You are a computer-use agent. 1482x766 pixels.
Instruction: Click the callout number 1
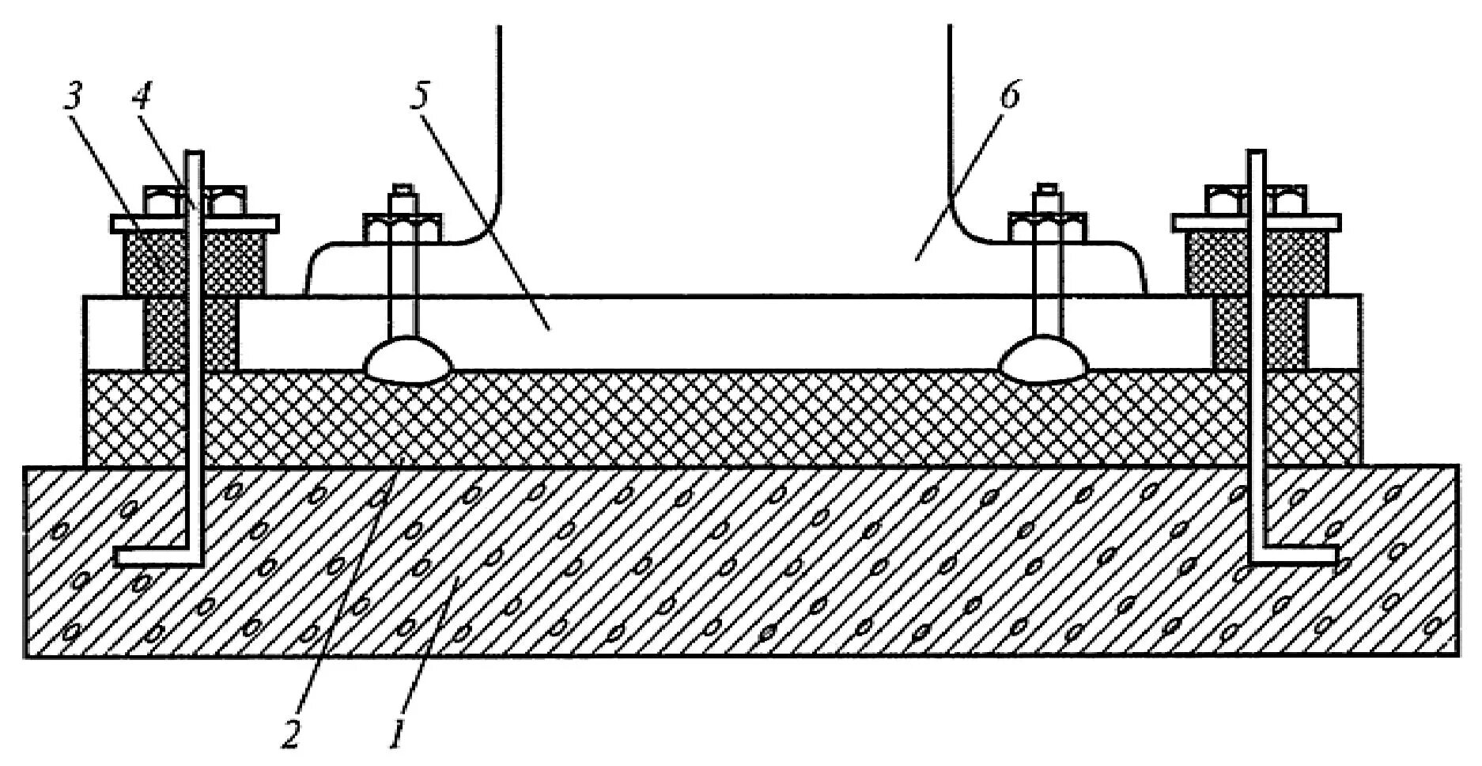[397, 734]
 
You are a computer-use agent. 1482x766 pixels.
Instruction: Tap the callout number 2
[290, 734]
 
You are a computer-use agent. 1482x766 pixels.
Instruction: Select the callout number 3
[73, 97]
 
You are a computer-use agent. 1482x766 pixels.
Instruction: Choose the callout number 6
[1009, 96]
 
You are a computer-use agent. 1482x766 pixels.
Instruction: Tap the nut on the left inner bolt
[402, 227]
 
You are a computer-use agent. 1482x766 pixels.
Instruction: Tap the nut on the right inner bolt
[1047, 227]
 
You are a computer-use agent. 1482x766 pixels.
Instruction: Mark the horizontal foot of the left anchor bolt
[154, 557]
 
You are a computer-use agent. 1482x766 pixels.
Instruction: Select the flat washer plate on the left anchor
[195, 223]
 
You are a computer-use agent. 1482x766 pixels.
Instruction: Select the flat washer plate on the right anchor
[1257, 222]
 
